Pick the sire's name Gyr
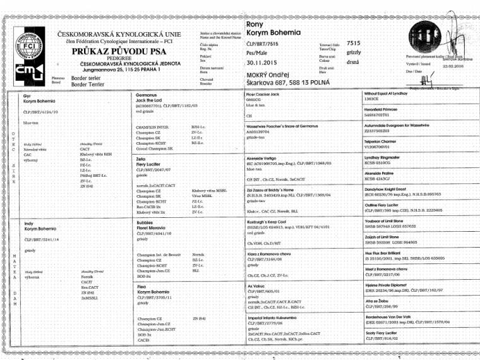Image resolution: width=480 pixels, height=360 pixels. (27, 94)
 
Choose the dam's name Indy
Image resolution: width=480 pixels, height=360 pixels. (29, 223)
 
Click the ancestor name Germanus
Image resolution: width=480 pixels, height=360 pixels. (147, 94)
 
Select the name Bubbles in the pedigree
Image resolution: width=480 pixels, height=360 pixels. (146, 222)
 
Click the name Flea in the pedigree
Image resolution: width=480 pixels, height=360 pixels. (142, 287)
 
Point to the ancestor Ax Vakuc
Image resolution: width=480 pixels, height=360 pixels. (257, 286)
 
